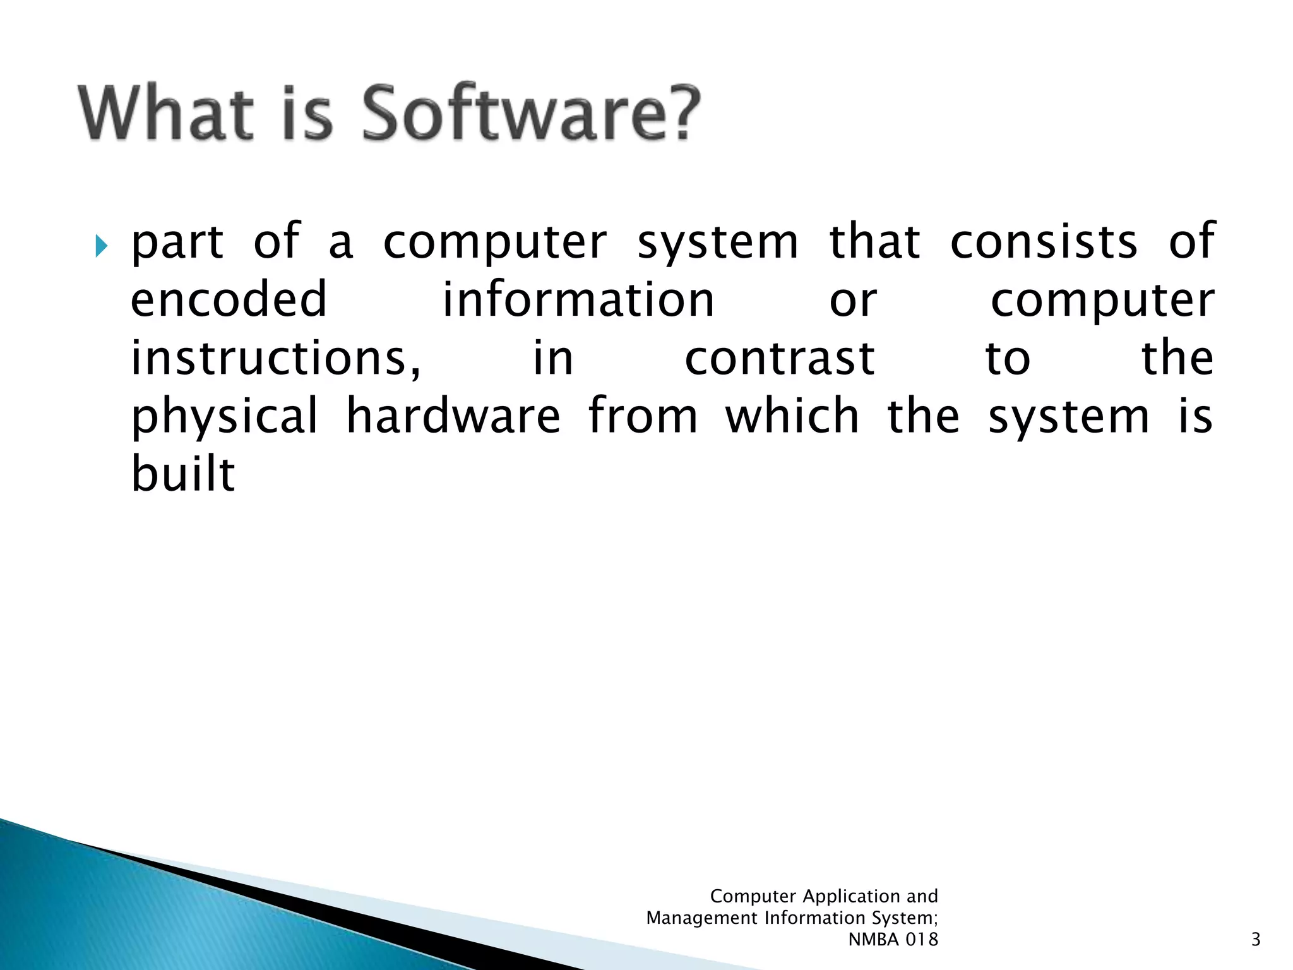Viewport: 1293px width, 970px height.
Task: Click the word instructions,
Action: point(275,358)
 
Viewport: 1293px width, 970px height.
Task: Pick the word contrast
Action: point(780,358)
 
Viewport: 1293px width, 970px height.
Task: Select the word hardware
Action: point(453,417)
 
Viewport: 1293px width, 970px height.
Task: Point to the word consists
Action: point(1044,241)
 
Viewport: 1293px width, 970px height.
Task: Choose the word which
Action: point(792,417)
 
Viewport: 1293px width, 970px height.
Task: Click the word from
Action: point(643,417)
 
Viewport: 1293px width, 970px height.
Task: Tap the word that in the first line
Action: point(874,241)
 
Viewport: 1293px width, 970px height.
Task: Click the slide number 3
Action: point(1255,940)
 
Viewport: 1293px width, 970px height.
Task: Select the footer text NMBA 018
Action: point(893,940)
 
